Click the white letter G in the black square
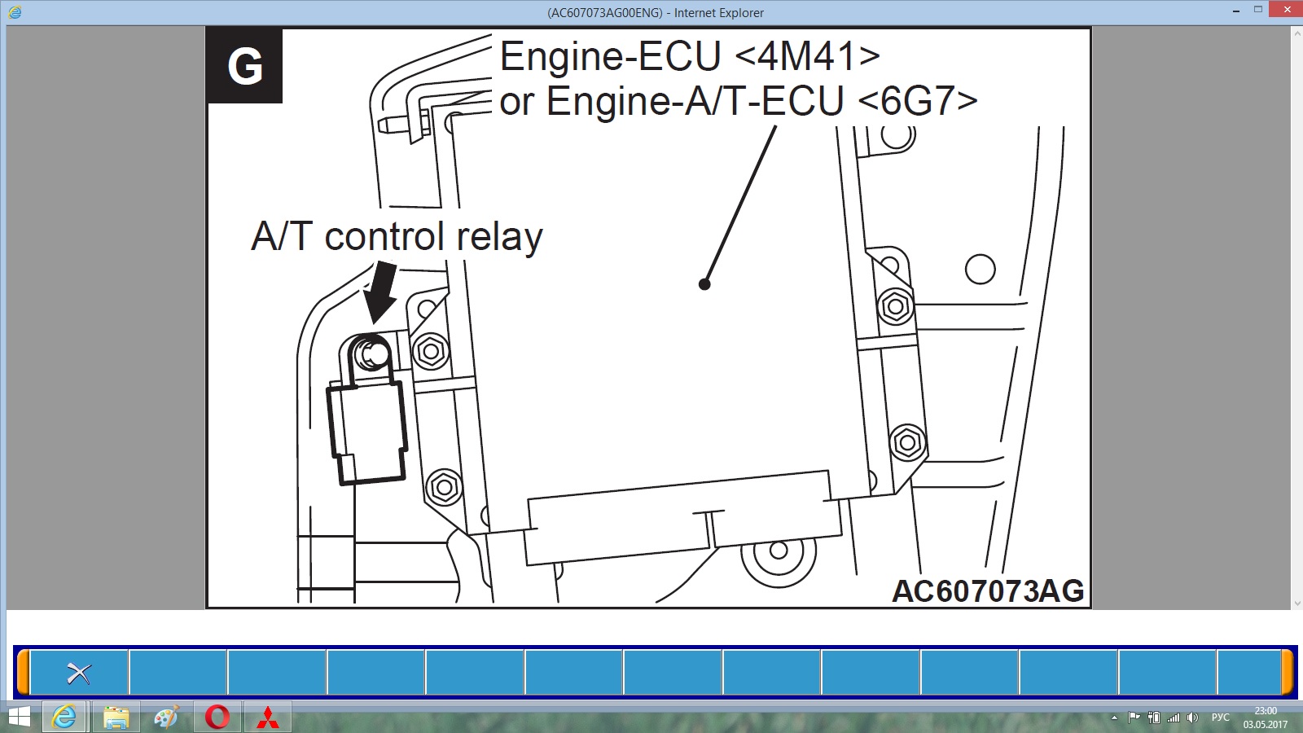pyautogui.click(x=245, y=66)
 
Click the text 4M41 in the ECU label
pyautogui.click(x=807, y=56)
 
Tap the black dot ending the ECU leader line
pyautogui.click(x=704, y=284)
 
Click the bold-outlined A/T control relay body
pyautogui.click(x=367, y=431)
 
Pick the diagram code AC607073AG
pyautogui.click(x=988, y=591)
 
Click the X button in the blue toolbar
pyautogui.click(x=79, y=674)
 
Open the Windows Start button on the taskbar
pyautogui.click(x=19, y=718)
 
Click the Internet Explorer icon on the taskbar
pyautogui.click(x=64, y=718)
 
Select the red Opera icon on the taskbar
pyautogui.click(x=217, y=718)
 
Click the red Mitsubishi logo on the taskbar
pyautogui.click(x=268, y=718)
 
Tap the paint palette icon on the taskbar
pyautogui.click(x=167, y=718)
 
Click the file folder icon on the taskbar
pyautogui.click(x=116, y=718)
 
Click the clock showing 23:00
pyautogui.click(x=1266, y=711)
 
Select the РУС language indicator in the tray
pyautogui.click(x=1221, y=718)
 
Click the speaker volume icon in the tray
pyautogui.click(x=1192, y=718)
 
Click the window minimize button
pyautogui.click(x=1236, y=11)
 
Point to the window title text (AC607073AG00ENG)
pyautogui.click(x=604, y=13)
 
